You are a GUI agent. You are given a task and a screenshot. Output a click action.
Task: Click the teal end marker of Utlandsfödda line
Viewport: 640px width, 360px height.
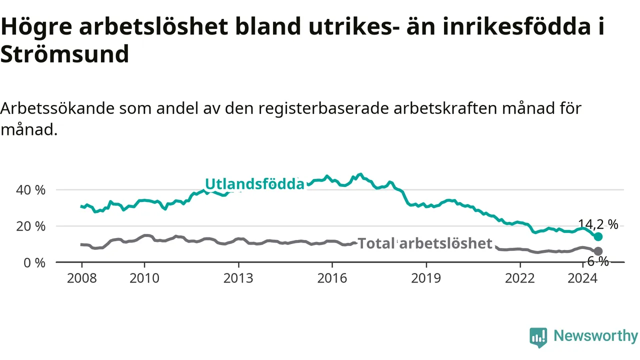pos(598,236)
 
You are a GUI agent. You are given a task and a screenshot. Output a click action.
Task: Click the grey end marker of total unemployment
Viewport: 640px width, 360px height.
pos(598,251)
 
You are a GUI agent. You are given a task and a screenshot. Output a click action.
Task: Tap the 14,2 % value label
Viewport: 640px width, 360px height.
pos(598,224)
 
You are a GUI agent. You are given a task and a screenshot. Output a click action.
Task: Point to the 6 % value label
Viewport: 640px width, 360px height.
pos(598,261)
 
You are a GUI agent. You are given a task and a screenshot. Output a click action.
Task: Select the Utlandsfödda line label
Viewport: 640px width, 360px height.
pos(254,184)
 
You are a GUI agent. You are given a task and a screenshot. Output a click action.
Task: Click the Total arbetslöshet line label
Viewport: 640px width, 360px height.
pos(425,243)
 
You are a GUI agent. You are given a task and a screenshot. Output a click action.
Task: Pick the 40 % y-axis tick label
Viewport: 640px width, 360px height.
pos(30,190)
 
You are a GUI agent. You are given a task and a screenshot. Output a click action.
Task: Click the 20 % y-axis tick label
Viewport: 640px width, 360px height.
pos(30,226)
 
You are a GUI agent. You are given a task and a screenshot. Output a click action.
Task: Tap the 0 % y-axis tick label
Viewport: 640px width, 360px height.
pos(34,263)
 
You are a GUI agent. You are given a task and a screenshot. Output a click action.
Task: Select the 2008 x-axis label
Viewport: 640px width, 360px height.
pos(81,278)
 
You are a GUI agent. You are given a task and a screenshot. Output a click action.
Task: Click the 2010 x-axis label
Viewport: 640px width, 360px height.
pos(144,278)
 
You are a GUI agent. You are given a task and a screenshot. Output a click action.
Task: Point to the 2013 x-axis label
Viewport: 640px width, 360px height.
pos(238,278)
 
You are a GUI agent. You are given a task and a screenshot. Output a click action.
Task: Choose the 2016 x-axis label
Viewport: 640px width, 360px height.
pos(332,278)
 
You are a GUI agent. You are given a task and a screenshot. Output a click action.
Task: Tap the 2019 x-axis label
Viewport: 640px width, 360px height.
pos(426,278)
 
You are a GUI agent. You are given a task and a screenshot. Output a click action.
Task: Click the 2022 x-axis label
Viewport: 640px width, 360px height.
pos(519,278)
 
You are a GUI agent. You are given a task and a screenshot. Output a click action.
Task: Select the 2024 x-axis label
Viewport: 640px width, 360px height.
pos(582,278)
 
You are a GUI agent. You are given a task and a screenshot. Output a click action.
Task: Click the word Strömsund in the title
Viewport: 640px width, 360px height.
pos(65,53)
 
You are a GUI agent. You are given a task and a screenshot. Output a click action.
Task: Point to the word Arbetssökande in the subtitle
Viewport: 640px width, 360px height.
pos(57,108)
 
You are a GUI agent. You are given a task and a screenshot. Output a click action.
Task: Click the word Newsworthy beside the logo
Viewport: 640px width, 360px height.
pos(595,336)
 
